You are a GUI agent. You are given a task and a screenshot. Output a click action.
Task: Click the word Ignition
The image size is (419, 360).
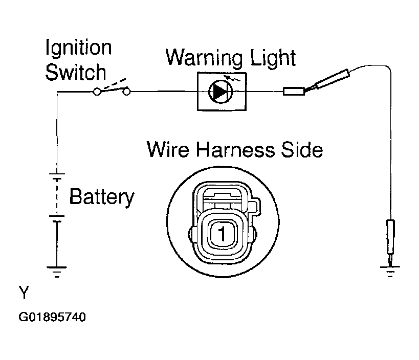pos(79,48)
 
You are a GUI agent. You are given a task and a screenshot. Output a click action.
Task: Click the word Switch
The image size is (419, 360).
pos(76,72)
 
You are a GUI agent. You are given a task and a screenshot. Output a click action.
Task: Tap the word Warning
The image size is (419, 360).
pos(204,57)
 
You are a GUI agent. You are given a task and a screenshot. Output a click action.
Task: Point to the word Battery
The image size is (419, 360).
pos(102,197)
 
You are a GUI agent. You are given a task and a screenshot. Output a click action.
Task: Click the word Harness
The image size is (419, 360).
pos(235,149)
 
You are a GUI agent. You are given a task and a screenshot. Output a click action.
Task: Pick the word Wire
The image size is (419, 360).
pos(168,149)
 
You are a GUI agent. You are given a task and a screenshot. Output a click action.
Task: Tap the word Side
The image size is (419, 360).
pos(302,149)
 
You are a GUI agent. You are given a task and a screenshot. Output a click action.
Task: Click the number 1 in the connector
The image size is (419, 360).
pos(222,234)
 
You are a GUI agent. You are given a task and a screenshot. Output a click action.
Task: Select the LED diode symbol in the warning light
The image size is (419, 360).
pos(220,92)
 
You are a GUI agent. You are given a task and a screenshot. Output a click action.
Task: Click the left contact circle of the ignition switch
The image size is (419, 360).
pos(97,92)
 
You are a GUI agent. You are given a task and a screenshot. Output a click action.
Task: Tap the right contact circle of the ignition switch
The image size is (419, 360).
pos(126,92)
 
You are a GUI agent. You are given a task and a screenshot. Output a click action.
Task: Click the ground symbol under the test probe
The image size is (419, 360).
pos(390,272)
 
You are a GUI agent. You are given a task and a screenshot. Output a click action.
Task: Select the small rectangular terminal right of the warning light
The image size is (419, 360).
pos(294,92)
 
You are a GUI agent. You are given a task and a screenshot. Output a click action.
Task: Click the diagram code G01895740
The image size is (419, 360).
pos(52,317)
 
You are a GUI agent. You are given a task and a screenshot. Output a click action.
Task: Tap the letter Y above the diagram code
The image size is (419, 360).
pos(24,292)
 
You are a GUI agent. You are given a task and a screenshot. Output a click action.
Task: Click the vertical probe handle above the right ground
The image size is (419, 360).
pos(390,237)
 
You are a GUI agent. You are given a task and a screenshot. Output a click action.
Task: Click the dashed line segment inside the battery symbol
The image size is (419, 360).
pos(57,197)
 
